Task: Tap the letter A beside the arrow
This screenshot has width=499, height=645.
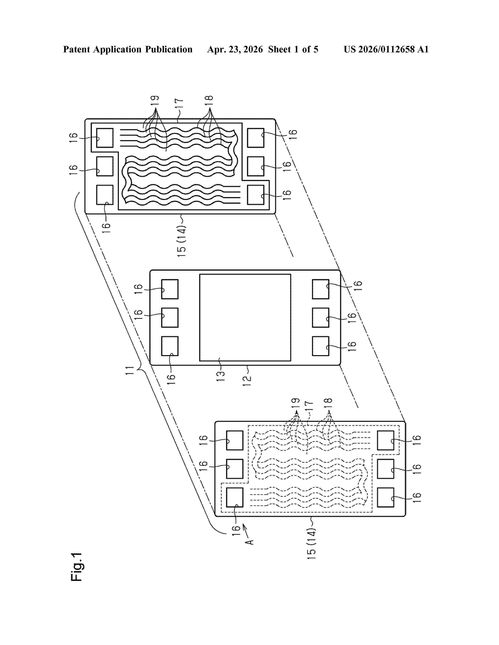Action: (x=250, y=542)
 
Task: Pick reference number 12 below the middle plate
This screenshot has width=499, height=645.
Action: (x=247, y=381)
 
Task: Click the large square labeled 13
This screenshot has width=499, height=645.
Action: (x=245, y=317)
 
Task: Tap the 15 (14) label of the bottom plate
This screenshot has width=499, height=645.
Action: (x=312, y=543)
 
